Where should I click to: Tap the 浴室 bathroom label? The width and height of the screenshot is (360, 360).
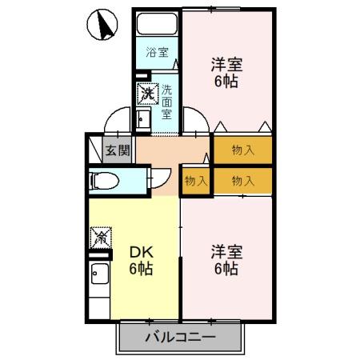point(157,53)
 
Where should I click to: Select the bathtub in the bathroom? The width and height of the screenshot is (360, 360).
point(157,24)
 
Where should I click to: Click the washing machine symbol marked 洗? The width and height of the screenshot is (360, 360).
point(146,94)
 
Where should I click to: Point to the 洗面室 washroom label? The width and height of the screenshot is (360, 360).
point(166,102)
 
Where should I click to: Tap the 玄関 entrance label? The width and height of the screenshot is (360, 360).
point(117,150)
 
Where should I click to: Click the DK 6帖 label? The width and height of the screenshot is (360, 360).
point(142,260)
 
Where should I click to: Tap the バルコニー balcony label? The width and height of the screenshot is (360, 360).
point(180,337)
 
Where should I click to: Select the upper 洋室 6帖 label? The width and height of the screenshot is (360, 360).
point(226,71)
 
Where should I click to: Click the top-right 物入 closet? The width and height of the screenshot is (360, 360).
point(242,148)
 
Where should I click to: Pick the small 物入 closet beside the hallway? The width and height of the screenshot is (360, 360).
point(195,180)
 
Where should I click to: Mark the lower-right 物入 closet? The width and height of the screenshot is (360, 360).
point(242,180)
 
